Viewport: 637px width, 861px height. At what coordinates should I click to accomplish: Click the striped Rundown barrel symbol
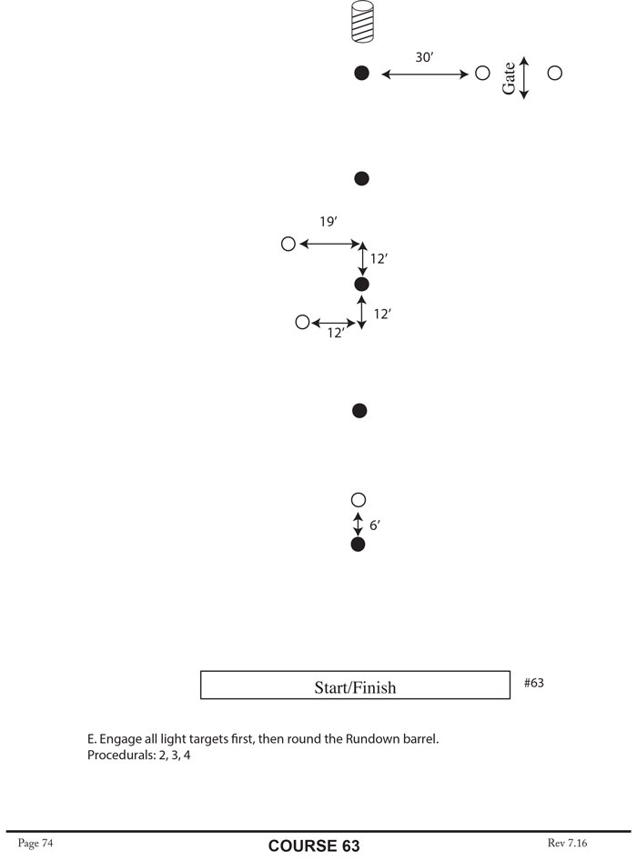[x=363, y=23]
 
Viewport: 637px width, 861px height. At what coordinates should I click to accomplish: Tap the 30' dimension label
[x=424, y=57]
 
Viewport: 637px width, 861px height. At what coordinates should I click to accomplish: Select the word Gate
[x=510, y=77]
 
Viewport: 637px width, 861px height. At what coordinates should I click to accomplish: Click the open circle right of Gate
[x=554, y=73]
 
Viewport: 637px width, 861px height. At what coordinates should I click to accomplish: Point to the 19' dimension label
[x=329, y=222]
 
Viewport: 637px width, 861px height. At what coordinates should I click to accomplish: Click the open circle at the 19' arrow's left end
[x=288, y=244]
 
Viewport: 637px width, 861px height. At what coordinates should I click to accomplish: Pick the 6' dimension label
[x=374, y=526]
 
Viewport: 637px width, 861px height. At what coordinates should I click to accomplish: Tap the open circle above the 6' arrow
[x=358, y=500]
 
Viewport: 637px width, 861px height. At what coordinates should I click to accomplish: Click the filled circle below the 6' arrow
[x=358, y=545]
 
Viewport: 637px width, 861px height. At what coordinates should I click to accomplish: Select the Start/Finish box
[x=355, y=686]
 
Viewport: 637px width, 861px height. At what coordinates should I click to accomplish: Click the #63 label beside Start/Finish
[x=534, y=682]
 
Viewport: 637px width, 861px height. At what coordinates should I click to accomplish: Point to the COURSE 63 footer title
[x=314, y=846]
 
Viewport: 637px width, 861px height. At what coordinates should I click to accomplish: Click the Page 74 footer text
[x=35, y=844]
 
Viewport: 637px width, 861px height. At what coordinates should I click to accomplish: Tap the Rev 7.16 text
[x=568, y=844]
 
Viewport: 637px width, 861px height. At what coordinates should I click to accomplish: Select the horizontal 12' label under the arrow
[x=336, y=334]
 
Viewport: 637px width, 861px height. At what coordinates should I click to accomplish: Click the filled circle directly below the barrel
[x=361, y=73]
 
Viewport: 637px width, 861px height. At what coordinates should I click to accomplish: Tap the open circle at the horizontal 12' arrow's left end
[x=302, y=322]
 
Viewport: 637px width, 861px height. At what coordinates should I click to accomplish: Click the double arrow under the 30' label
[x=424, y=74]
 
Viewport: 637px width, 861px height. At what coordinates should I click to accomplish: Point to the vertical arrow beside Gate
[x=524, y=77]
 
